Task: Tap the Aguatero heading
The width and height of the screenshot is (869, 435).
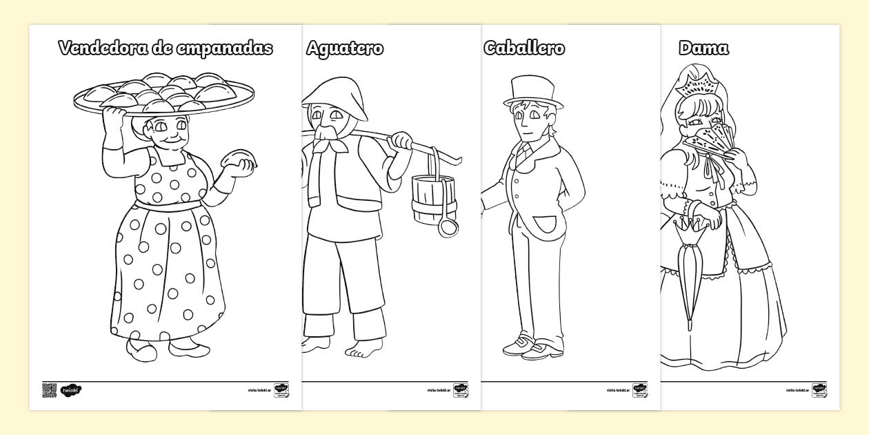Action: tap(345, 48)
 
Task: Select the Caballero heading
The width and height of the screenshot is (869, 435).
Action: tap(524, 48)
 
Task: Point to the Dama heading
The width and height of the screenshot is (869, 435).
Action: tap(703, 48)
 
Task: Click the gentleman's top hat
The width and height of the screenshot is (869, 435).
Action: tap(532, 92)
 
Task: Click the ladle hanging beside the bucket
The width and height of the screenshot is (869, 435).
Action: tap(448, 224)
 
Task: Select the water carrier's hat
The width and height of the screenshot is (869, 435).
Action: tap(331, 93)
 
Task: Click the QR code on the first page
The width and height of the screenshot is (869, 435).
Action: tap(48, 389)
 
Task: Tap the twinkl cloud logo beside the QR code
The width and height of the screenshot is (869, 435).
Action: tap(70, 390)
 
